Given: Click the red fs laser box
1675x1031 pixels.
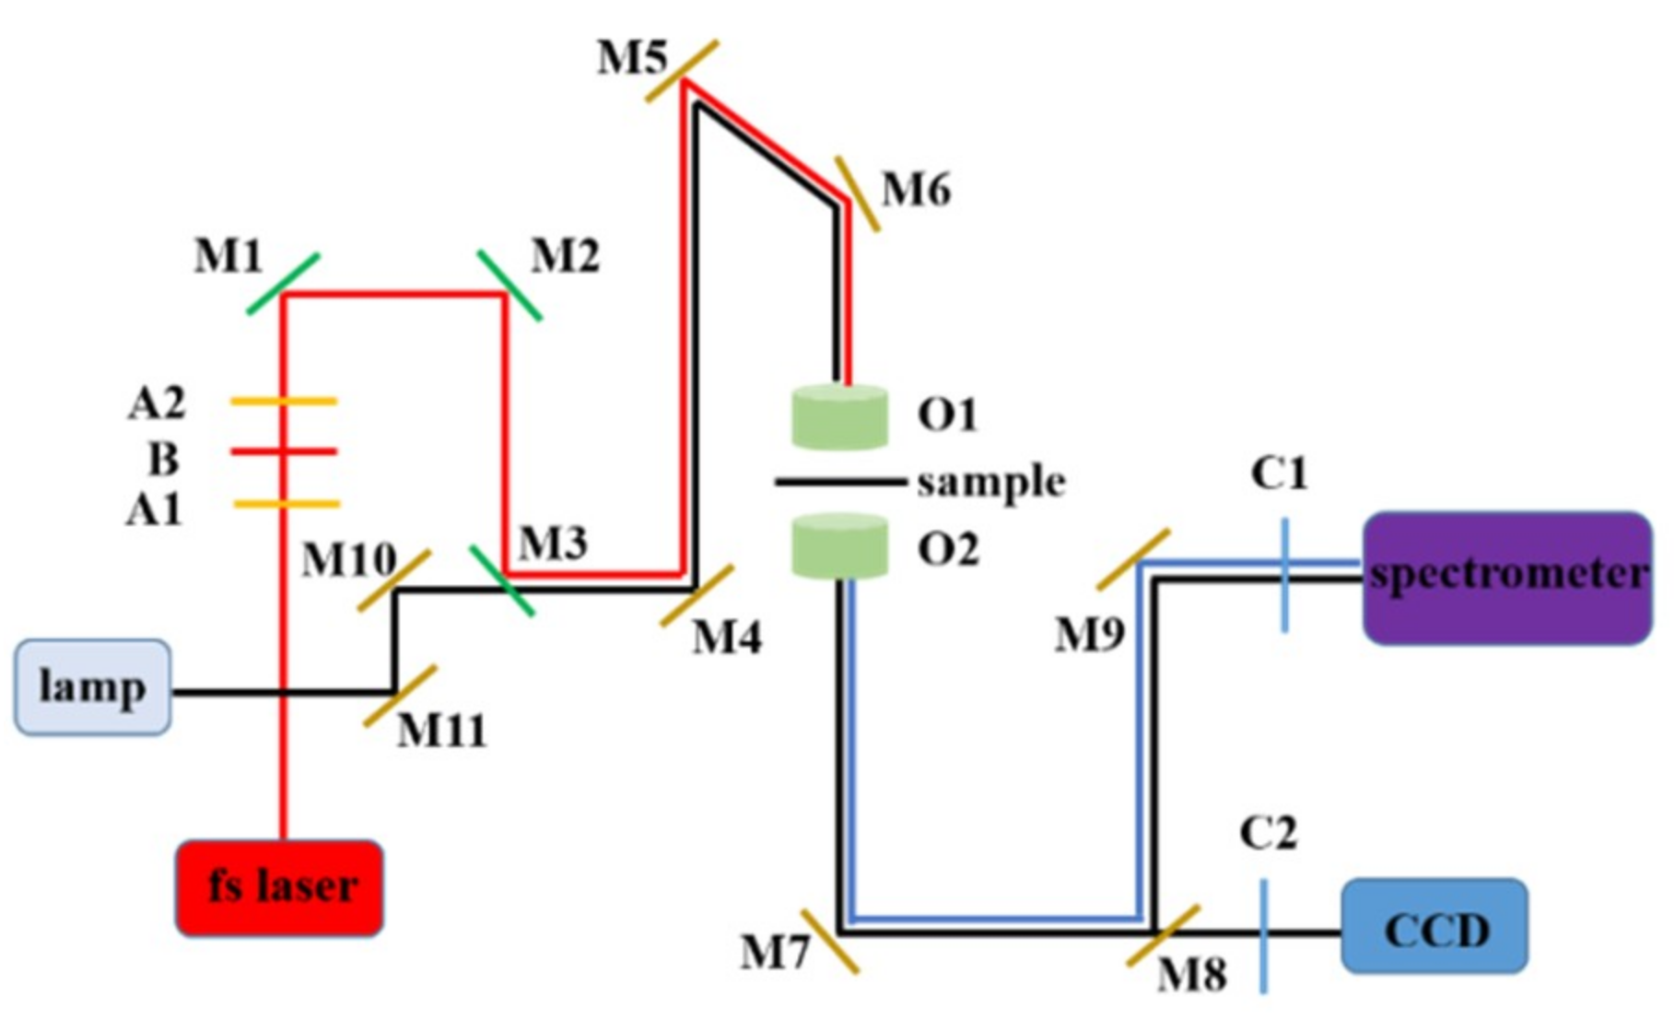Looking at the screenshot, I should [279, 887].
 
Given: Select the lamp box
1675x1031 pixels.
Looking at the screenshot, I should [92, 687].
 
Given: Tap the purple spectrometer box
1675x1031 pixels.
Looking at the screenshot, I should [1507, 578].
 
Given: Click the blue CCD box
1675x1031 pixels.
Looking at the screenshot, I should [1435, 926].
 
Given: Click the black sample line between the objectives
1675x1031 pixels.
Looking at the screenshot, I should [839, 481].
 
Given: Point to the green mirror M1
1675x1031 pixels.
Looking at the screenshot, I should [283, 284].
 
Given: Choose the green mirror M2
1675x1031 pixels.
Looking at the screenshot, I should [510, 286].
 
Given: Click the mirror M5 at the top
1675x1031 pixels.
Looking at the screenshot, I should [682, 71].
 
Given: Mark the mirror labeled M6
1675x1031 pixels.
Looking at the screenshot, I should [857, 194].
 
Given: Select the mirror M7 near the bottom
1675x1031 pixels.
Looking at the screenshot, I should [829, 941].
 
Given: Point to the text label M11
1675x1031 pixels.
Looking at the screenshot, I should [441, 732].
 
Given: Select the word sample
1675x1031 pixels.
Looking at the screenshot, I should [990, 482].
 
